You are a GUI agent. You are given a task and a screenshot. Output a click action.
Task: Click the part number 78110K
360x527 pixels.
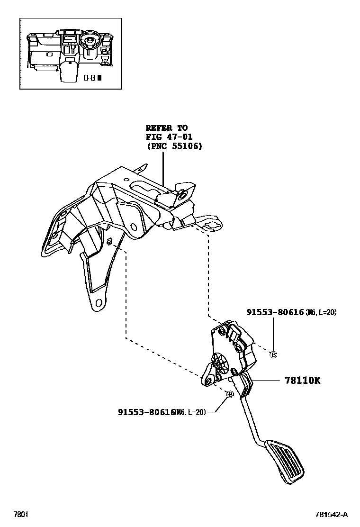(x=302, y=381)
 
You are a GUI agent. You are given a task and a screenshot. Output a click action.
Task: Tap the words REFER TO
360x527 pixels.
(x=166, y=128)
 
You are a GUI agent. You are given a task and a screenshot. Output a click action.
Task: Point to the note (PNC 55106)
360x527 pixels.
(x=174, y=146)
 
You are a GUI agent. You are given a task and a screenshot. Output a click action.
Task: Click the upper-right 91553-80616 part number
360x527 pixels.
(x=275, y=312)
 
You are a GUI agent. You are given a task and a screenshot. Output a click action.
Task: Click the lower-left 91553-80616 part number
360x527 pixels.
(x=146, y=412)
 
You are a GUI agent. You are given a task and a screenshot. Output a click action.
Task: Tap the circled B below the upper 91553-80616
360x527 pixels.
(x=273, y=354)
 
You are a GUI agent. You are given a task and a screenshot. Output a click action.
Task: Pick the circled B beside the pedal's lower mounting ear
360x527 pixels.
(x=230, y=394)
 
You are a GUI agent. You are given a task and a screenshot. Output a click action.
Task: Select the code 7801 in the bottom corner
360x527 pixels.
(x=20, y=514)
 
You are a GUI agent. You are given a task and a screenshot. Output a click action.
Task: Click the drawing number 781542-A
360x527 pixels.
(x=332, y=514)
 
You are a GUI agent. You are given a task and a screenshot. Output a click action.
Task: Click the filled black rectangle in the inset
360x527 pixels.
(x=99, y=77)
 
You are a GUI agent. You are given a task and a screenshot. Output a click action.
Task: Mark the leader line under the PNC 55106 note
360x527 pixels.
(x=162, y=168)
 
